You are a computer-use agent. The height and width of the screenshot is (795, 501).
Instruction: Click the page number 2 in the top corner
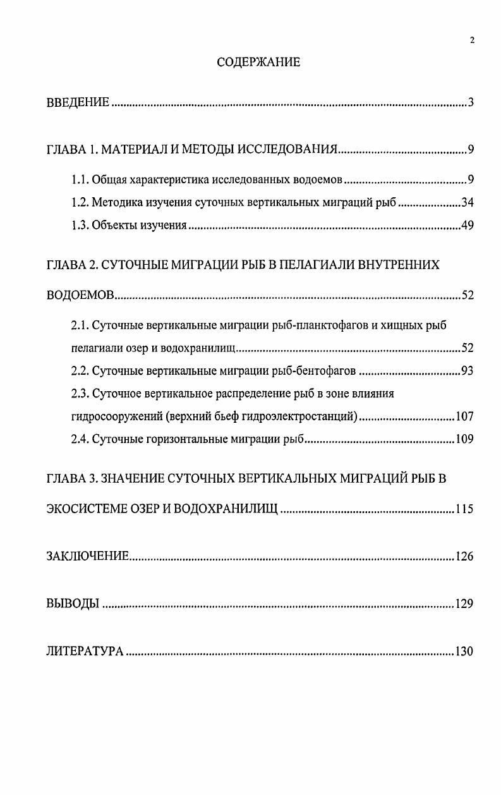point(472,41)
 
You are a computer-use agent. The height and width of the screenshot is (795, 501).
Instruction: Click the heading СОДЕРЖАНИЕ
point(258,62)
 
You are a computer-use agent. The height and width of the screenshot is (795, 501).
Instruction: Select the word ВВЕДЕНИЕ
point(78,103)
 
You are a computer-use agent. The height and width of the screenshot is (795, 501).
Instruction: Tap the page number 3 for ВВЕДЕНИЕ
point(471,103)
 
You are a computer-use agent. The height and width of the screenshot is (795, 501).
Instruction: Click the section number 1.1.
point(80,180)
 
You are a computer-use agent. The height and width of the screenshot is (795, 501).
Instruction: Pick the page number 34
point(468,203)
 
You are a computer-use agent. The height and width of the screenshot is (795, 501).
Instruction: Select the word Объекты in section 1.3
point(111,226)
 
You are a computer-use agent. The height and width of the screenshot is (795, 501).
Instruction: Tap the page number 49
point(468,226)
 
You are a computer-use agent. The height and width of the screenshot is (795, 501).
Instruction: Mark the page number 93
point(468,371)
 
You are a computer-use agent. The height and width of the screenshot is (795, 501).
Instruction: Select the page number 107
point(464,416)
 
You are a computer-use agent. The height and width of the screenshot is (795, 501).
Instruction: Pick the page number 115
point(464,509)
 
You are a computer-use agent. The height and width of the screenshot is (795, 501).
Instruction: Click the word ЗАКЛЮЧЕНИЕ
point(88,557)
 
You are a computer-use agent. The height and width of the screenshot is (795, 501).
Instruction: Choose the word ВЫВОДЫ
point(73,604)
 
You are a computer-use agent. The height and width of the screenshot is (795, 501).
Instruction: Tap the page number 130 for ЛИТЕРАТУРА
point(464,652)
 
